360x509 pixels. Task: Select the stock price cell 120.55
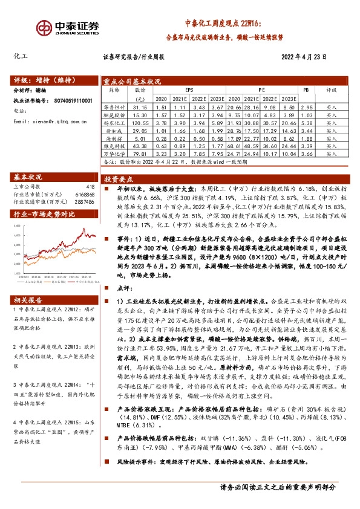[140, 122]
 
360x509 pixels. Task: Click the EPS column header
[190, 89]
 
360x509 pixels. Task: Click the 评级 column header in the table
[331, 89]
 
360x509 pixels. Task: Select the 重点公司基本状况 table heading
[133, 80]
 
